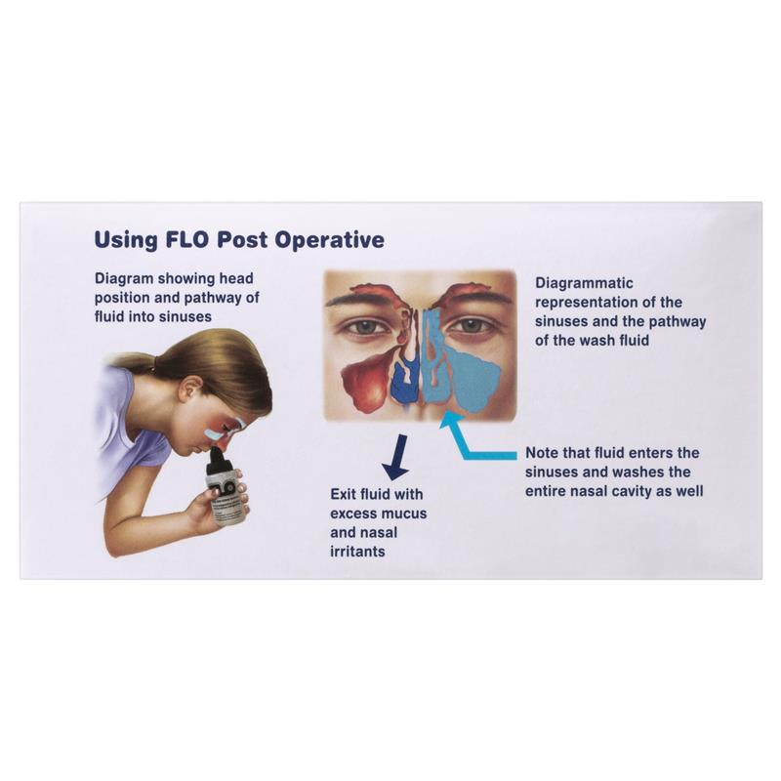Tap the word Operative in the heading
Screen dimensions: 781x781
[330, 240]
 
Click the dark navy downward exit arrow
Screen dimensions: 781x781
[396, 457]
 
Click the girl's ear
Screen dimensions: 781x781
[191, 389]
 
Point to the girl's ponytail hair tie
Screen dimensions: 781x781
[152, 362]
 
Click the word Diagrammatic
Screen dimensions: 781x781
[584, 283]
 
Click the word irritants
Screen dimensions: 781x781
[357, 552]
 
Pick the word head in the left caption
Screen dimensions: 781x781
[237, 278]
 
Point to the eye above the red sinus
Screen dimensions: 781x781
[367, 327]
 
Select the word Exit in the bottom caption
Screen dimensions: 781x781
[344, 494]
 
